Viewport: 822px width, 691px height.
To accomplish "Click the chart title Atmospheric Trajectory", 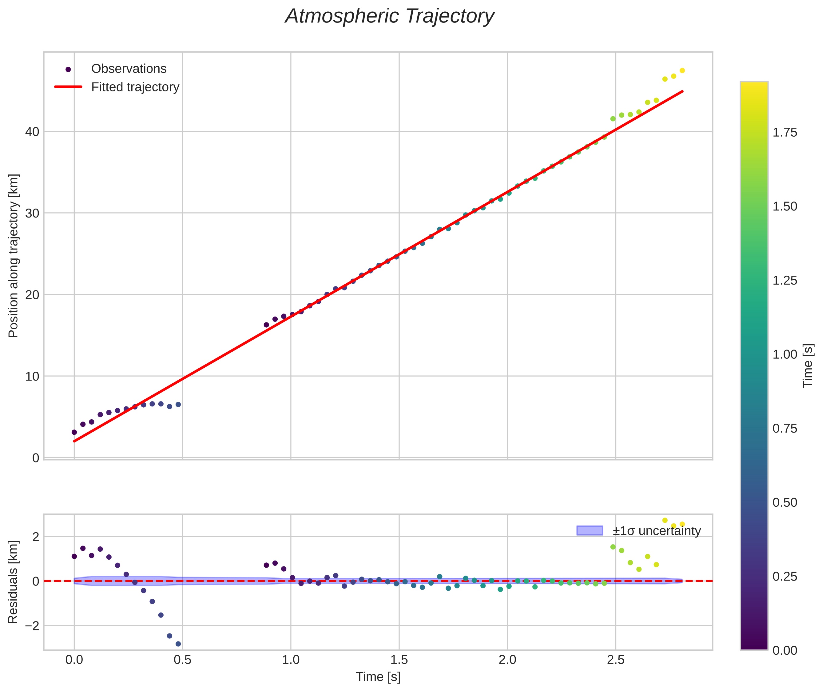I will (x=390, y=16).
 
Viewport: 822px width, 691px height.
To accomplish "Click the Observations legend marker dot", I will (x=68, y=69).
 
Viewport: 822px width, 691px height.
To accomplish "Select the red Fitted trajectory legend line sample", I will (x=68, y=86).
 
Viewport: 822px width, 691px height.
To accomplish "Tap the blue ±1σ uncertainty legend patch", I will (x=590, y=531).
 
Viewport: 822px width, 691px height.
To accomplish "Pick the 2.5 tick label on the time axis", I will (x=616, y=660).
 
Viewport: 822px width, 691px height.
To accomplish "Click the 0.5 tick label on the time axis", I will (x=182, y=660).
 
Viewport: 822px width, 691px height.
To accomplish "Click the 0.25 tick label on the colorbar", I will (x=785, y=577).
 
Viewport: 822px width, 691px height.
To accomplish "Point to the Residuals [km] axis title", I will (x=13, y=582).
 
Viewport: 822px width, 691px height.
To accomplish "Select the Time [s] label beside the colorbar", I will (x=808, y=366).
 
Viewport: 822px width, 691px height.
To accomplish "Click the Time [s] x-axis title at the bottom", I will (x=378, y=677).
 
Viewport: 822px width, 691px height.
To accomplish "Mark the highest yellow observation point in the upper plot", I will (x=682, y=71).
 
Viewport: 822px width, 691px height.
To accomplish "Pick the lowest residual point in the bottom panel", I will (x=178, y=644).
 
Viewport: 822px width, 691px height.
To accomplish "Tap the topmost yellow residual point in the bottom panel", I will (x=665, y=521).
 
